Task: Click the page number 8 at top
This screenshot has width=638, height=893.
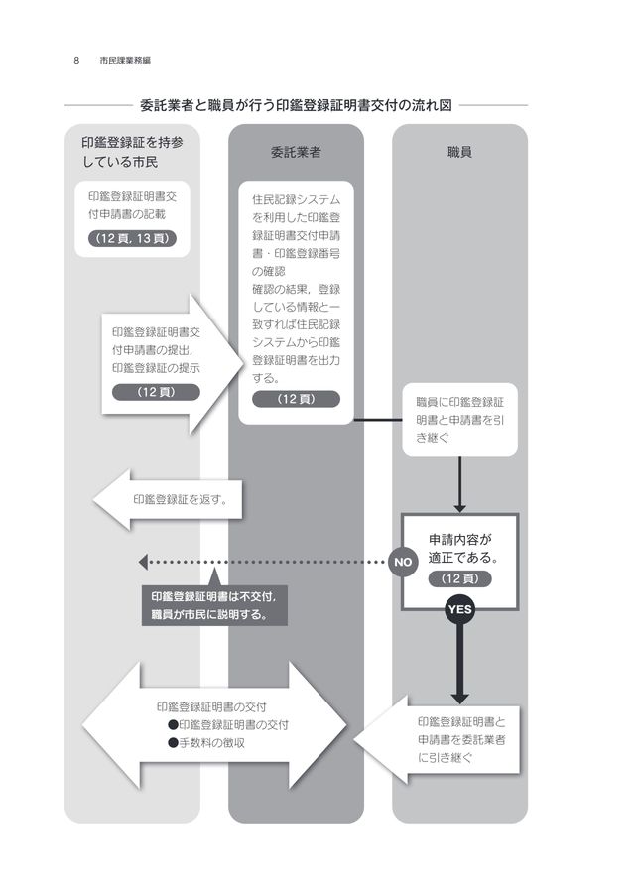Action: (x=76, y=60)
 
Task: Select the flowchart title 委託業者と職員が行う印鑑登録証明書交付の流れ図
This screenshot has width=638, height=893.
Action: (x=296, y=104)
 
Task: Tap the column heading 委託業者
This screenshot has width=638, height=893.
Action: (x=296, y=153)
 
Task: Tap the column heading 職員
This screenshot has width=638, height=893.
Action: (x=458, y=153)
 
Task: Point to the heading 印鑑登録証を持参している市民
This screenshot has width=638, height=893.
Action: (x=125, y=152)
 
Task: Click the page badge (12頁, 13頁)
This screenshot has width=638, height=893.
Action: (x=132, y=238)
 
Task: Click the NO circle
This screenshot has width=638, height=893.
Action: (x=402, y=563)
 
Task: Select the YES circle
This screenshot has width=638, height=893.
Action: (x=459, y=610)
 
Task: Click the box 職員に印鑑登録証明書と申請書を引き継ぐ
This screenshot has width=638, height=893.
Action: (x=459, y=420)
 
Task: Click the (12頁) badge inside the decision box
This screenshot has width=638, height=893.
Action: (x=459, y=578)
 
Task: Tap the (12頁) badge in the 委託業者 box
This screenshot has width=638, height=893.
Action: (x=296, y=399)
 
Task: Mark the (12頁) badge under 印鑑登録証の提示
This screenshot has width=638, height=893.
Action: (x=155, y=391)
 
